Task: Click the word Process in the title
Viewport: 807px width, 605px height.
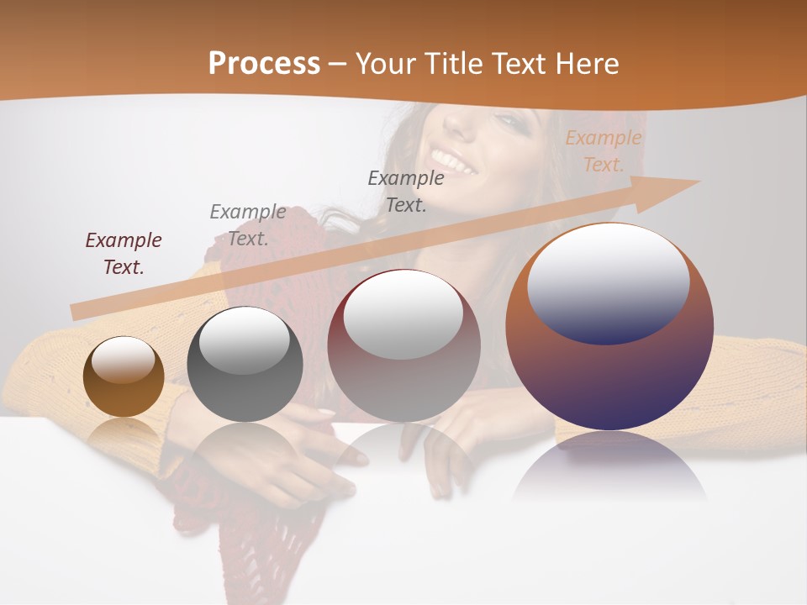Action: tap(264, 64)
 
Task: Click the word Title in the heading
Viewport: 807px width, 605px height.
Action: tap(453, 64)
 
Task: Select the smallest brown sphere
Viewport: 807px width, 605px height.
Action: tap(124, 376)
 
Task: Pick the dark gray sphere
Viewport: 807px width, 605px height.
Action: tap(245, 364)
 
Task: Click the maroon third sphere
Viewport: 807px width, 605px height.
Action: tap(403, 345)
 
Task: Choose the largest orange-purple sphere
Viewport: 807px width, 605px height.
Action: tap(609, 327)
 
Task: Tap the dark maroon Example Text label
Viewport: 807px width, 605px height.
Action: tap(124, 253)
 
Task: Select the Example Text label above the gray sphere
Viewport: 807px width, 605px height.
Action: tap(248, 224)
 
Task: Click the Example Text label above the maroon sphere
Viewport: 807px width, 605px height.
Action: tap(406, 191)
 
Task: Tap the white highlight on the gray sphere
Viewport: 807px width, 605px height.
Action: tap(245, 339)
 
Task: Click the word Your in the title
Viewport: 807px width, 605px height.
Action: tap(388, 64)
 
